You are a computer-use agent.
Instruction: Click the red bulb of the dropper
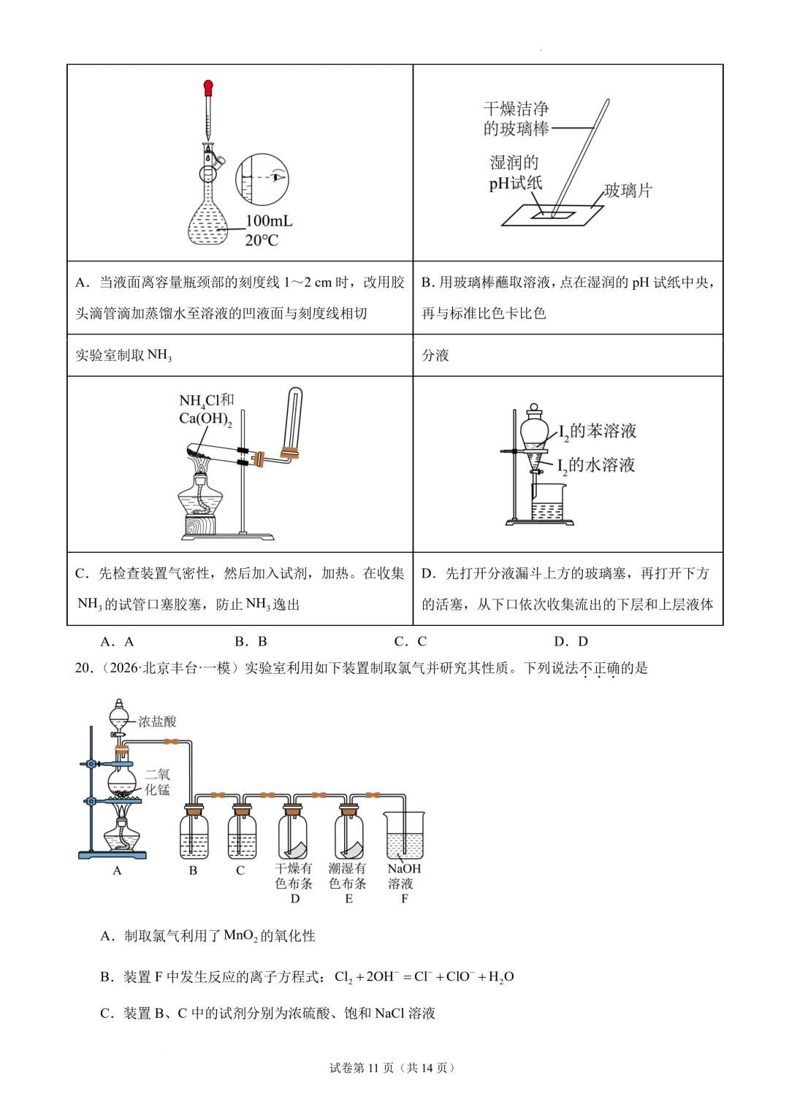[x=208, y=88]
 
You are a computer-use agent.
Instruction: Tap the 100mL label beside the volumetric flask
[x=269, y=221]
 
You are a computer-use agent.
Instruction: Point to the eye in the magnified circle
[x=279, y=177]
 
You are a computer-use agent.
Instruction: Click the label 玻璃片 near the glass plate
[x=628, y=190]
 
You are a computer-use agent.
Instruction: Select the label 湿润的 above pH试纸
[x=514, y=162]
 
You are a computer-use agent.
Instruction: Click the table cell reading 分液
[x=568, y=356]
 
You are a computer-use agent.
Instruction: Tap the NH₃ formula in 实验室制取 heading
[x=159, y=356]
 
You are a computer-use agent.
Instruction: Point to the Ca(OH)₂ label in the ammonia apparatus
[x=205, y=419]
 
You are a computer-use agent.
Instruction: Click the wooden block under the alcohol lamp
[x=200, y=525]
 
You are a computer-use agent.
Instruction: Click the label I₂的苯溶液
[x=598, y=432]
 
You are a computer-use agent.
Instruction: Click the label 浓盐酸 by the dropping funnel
[x=157, y=721]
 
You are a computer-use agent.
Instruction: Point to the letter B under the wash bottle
[x=193, y=870]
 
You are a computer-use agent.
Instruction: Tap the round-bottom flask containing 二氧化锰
[x=121, y=782]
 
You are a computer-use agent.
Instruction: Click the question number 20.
[x=84, y=668]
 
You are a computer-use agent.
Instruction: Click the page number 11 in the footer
[x=373, y=1068]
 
